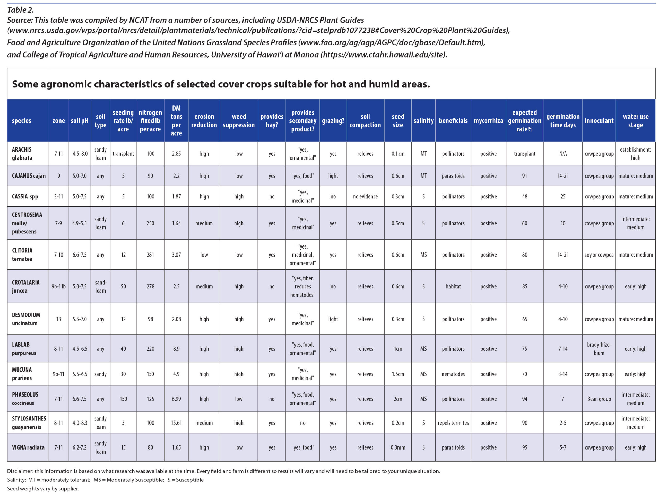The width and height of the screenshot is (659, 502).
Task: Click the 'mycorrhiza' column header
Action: click(x=488, y=121)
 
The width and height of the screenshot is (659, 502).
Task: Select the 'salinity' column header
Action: click(x=423, y=121)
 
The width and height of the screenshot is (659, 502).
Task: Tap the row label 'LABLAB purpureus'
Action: click(x=24, y=348)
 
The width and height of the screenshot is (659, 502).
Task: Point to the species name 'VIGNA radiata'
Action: click(x=28, y=447)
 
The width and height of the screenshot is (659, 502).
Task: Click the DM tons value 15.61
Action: click(x=176, y=422)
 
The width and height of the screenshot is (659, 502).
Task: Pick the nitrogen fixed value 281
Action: click(x=150, y=254)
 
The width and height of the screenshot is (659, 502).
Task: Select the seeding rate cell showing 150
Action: click(x=123, y=399)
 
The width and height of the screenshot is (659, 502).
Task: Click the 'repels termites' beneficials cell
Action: click(x=453, y=422)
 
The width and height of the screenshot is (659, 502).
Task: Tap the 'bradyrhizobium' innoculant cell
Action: click(x=599, y=348)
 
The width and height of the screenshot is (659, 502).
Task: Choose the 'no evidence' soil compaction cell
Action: click(x=365, y=196)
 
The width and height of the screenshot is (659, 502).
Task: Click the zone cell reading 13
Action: click(x=59, y=319)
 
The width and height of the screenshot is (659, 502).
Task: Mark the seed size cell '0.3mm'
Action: click(x=397, y=447)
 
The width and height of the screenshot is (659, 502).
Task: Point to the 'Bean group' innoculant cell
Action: click(x=599, y=399)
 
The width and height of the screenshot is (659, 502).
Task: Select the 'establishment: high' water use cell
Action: click(x=635, y=154)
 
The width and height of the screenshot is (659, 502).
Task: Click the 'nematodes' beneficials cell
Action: click(x=453, y=374)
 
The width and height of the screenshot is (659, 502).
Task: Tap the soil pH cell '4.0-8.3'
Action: click(x=80, y=422)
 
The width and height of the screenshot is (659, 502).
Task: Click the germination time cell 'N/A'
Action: click(x=562, y=154)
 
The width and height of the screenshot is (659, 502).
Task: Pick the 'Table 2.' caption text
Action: click(x=20, y=10)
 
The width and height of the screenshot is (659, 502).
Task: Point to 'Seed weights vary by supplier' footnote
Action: click(x=43, y=489)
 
